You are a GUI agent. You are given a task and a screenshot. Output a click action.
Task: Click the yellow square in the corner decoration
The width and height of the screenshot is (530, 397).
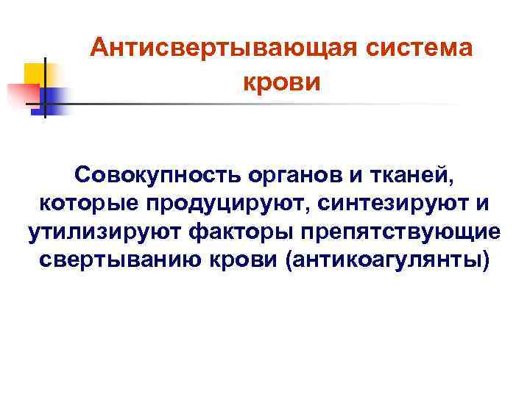35,74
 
